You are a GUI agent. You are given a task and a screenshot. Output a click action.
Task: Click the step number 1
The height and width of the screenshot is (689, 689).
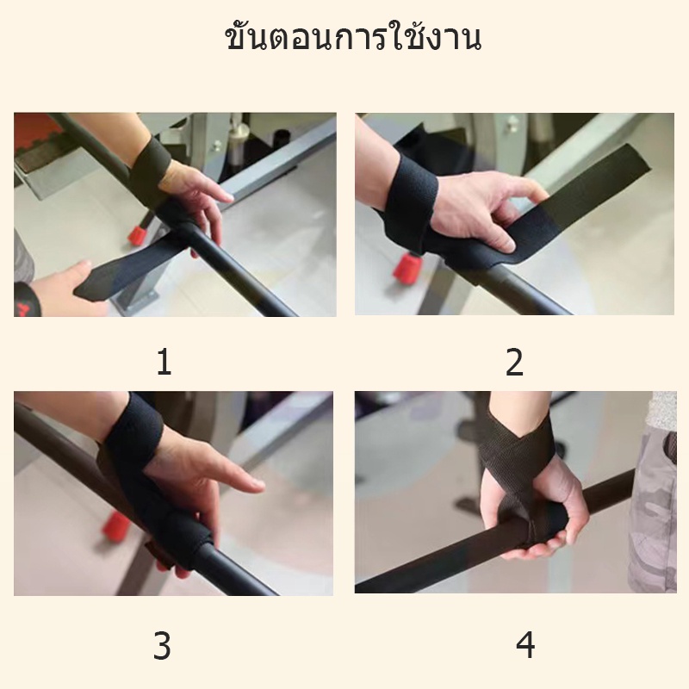(164, 362)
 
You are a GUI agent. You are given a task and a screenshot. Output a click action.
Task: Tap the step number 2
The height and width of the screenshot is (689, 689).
(514, 362)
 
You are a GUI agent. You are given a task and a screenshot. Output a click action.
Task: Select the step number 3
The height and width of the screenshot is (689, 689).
(162, 645)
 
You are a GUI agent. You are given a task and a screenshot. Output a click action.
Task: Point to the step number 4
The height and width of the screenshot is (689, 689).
(525, 644)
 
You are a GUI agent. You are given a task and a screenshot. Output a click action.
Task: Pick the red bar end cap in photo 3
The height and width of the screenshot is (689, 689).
(115, 525)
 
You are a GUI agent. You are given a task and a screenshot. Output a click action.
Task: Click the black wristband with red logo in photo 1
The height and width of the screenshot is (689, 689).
(28, 300)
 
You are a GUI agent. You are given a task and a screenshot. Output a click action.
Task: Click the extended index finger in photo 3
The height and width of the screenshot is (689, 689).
(233, 479)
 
